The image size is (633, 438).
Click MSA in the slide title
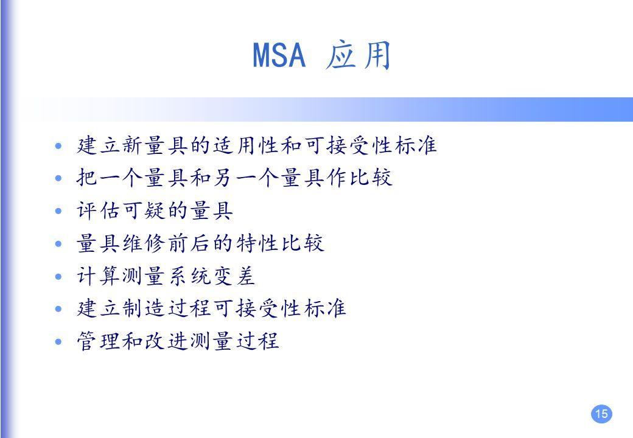click(278, 56)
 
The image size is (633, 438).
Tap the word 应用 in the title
click(358, 56)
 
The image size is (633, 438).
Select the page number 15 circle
click(601, 414)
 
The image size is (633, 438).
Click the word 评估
click(97, 211)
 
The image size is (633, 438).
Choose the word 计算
click(97, 277)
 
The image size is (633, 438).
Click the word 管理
click(97, 342)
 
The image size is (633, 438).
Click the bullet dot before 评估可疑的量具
click(58, 212)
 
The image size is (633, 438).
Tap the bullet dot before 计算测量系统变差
click(58, 277)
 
